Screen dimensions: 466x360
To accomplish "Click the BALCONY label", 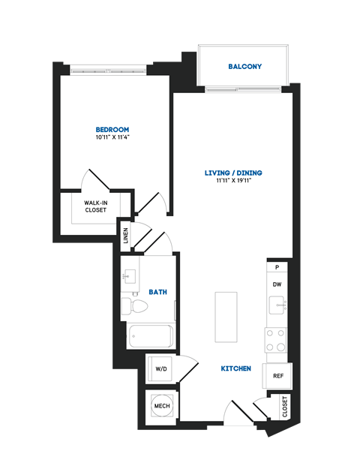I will tap(244, 67).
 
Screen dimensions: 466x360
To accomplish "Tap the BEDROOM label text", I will tap(112, 129).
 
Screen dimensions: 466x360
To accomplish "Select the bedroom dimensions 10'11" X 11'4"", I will tap(112, 138).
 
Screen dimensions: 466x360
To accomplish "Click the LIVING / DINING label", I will tap(233, 173).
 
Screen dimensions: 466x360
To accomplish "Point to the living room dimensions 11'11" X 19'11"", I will tap(233, 181).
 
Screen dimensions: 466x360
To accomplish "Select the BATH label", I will tap(157, 291).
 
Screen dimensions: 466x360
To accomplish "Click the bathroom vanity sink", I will tap(130, 278).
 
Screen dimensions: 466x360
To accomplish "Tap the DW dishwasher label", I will tap(277, 284).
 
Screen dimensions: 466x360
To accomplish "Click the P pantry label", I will tap(277, 267).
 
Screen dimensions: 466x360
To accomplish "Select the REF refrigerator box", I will tap(277, 376).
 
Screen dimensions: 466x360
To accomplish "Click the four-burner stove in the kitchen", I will tap(276, 340).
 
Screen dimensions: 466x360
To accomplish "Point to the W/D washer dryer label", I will tap(161, 369).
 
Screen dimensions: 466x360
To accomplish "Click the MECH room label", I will tap(161, 406).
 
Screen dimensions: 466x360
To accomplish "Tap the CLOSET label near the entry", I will tap(285, 406).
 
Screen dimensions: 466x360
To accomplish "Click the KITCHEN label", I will tap(235, 369).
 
